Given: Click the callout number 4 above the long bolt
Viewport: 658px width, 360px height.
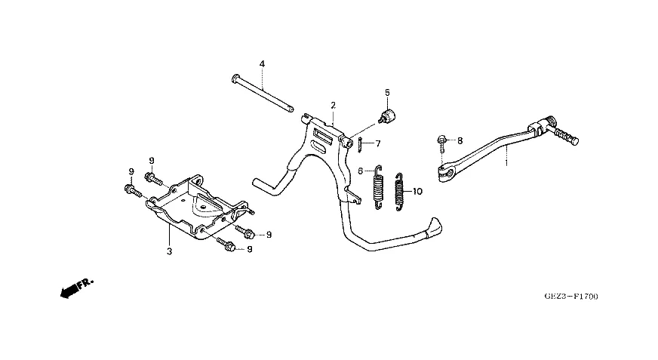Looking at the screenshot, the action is coord(262,64).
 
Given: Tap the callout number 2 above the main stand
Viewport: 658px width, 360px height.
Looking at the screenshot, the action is coord(334,106).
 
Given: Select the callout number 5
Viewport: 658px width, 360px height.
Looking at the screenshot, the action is coord(387,92).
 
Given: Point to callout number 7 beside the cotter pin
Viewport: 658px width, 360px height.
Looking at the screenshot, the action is coord(378,144).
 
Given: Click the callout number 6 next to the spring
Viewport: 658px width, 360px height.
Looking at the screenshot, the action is coord(361,171).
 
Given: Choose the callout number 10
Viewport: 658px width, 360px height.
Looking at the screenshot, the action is coord(417,192).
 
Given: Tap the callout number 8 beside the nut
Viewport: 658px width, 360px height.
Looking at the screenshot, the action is coord(460,141).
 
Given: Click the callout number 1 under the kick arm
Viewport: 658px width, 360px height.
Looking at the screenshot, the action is coord(506,162).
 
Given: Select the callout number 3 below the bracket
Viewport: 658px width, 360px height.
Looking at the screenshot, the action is coord(169,251).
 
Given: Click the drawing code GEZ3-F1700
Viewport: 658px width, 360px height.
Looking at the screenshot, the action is coord(571,296).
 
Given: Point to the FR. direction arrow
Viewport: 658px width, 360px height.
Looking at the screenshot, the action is coord(77,288).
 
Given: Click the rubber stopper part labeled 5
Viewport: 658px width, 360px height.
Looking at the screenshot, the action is coord(387,115).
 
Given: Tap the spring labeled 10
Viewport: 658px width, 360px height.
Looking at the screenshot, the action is coord(398,192).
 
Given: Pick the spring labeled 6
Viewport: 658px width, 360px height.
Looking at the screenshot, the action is coord(378,186).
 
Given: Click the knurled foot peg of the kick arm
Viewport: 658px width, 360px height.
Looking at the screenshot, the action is coord(567,136).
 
